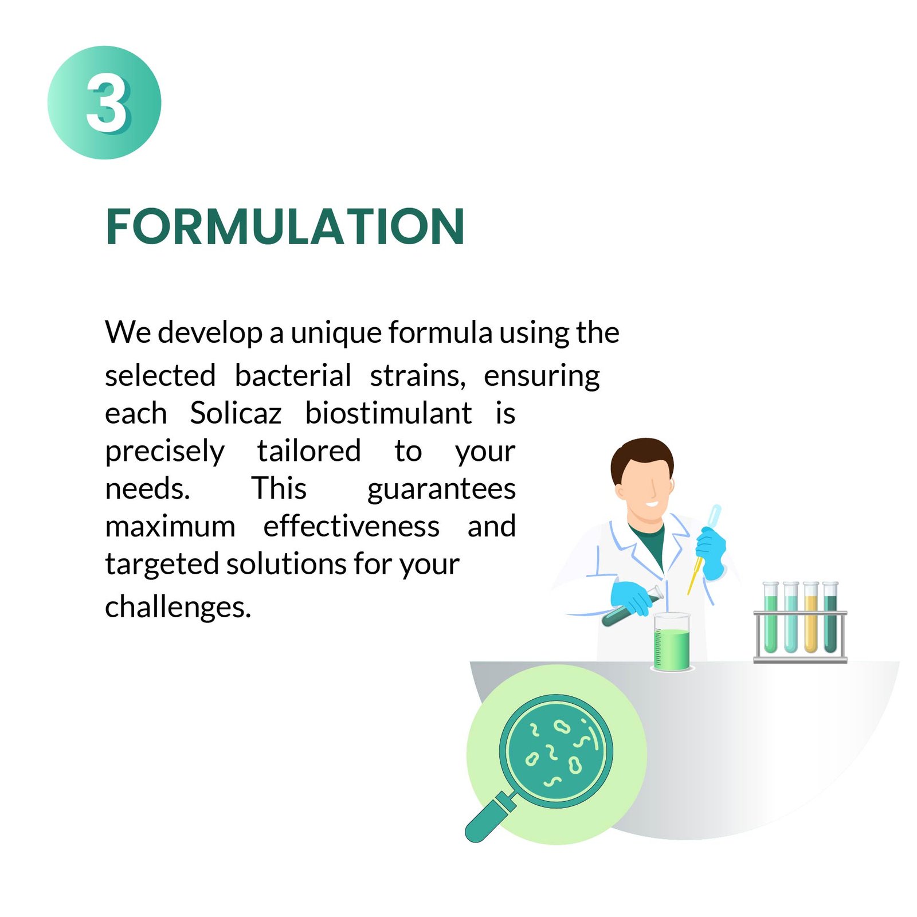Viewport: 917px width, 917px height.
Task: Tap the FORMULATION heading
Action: pos(285,227)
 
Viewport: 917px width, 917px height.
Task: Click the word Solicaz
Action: pos(236,413)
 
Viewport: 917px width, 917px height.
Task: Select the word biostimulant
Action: pos(389,413)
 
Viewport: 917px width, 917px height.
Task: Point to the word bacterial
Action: pos(293,376)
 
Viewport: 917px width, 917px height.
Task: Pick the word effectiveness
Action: pos(351,526)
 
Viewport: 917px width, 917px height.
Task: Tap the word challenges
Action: pos(178,608)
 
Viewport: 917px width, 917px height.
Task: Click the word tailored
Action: pos(309,451)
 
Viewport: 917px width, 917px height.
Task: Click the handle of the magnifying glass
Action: pos(490,816)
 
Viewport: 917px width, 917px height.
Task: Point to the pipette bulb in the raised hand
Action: pos(714,516)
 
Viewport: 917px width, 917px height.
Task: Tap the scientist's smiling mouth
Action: pos(652,504)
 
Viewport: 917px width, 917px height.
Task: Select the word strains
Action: pos(418,376)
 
